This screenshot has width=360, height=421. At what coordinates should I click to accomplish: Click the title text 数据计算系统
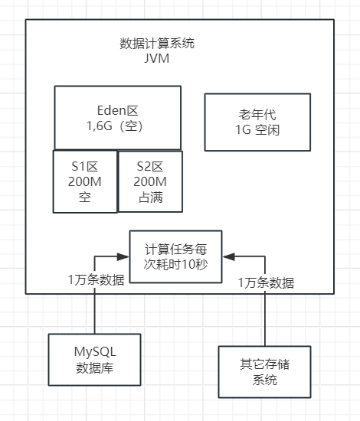(x=157, y=43)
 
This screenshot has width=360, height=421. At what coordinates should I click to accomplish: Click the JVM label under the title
(x=157, y=58)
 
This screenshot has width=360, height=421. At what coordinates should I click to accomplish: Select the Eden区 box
(x=117, y=116)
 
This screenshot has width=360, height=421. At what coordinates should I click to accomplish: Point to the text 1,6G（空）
(x=117, y=126)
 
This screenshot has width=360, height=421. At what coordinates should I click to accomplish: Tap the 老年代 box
(x=257, y=122)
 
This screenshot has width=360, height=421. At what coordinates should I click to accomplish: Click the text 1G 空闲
(x=257, y=130)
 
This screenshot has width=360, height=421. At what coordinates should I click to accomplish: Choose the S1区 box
(x=84, y=181)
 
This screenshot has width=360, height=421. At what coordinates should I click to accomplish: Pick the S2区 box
(x=150, y=181)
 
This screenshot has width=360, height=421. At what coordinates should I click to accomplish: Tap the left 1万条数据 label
(x=96, y=280)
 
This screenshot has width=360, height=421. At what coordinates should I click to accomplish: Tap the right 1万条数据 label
(x=266, y=282)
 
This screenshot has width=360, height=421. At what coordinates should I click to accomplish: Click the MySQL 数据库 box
(x=94, y=359)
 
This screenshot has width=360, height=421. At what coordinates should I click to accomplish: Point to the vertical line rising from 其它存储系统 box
(x=265, y=321)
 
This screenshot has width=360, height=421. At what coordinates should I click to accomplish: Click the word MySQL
(x=94, y=351)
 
